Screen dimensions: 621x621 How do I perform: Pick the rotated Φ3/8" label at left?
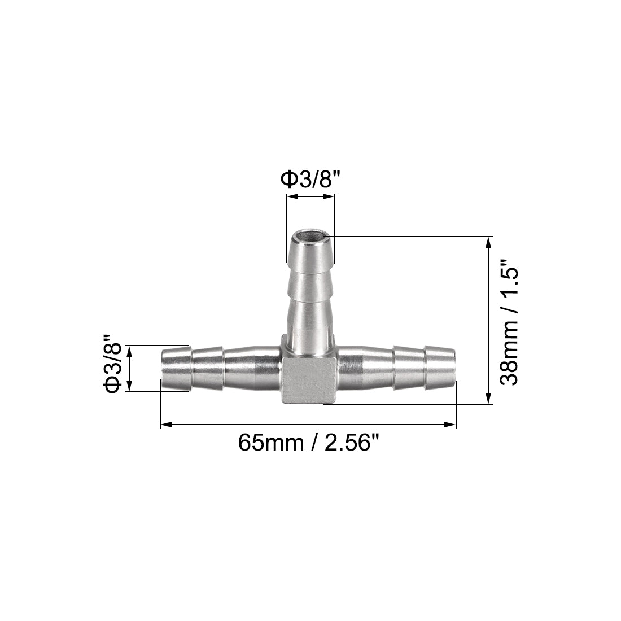[112, 369]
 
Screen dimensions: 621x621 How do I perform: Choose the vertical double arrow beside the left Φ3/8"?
[130, 369]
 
